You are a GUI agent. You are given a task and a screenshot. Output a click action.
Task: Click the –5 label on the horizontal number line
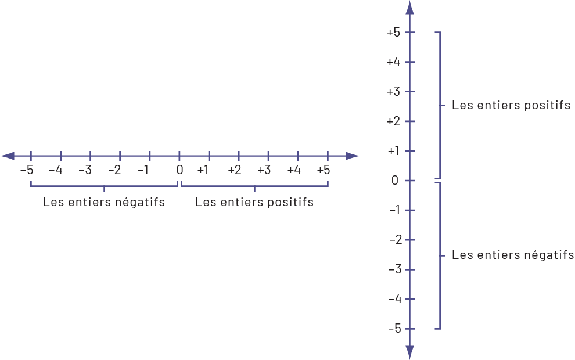pyautogui.click(x=27, y=170)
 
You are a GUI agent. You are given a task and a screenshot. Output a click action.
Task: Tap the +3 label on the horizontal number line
pyautogui.click(x=264, y=170)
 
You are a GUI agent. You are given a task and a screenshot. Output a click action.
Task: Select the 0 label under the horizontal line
pyautogui.click(x=179, y=170)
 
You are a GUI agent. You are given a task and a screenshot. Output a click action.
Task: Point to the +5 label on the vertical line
pyautogui.click(x=393, y=33)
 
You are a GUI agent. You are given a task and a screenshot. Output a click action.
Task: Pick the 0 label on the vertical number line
pyautogui.click(x=395, y=181)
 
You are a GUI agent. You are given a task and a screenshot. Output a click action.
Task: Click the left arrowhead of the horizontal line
pyautogui.click(x=8, y=156)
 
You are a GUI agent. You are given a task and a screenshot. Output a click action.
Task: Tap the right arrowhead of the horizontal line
pyautogui.click(x=353, y=156)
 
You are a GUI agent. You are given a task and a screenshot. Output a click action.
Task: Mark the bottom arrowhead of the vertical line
pyautogui.click(x=409, y=352)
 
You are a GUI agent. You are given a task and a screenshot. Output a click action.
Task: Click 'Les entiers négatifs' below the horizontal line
pyautogui.click(x=103, y=203)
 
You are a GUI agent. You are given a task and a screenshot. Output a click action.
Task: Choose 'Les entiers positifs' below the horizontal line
pyautogui.click(x=254, y=203)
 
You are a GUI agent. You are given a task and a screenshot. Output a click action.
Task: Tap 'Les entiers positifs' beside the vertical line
pyautogui.click(x=511, y=106)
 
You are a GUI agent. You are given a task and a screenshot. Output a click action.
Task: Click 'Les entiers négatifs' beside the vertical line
pyautogui.click(x=513, y=255)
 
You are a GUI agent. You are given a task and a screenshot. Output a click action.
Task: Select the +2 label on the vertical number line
pyautogui.click(x=393, y=121)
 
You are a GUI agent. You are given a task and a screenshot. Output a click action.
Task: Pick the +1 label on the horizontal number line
pyautogui.click(x=203, y=170)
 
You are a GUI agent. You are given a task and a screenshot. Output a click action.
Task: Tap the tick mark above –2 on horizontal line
pyautogui.click(x=120, y=156)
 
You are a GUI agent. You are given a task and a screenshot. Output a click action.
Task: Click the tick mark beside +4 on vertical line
pyautogui.click(x=409, y=62)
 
